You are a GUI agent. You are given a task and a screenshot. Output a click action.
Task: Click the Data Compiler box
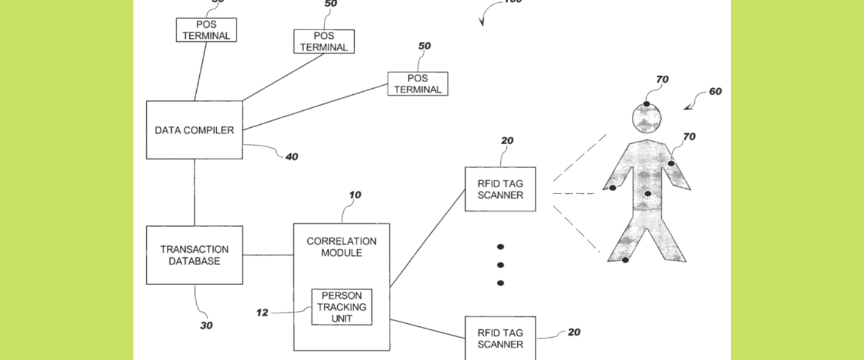coord(194,130)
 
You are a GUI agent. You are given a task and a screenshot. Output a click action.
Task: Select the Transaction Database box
coord(194,255)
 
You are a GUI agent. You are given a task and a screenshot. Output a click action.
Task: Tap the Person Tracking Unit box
coord(341,307)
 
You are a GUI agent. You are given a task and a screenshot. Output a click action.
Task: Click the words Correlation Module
coord(341,247)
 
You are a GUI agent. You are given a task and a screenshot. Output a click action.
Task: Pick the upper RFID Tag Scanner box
coord(500,189)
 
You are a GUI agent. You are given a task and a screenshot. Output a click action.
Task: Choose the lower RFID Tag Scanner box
coord(500,338)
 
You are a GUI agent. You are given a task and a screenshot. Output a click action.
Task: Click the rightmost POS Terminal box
coord(418,83)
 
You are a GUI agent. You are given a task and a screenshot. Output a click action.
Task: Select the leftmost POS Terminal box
coord(206,29)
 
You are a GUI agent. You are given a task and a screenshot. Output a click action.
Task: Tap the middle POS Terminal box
coord(324,41)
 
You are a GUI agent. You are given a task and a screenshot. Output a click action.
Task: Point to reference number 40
coord(292,157)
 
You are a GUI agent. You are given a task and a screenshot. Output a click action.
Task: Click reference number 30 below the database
coord(206,326)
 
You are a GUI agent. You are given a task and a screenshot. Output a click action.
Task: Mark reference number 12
coord(262,313)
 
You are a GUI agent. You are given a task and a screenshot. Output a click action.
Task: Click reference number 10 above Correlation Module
coord(355,195)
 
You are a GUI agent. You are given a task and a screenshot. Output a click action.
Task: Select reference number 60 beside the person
coord(715,92)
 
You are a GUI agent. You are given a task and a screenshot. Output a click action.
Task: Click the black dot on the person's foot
coord(625,260)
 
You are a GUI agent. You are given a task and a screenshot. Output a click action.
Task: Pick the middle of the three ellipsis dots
coord(500,265)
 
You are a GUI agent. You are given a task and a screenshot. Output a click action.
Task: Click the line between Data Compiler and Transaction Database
coord(194,192)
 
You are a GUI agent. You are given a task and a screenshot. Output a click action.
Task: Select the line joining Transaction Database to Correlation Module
coord(268,255)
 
